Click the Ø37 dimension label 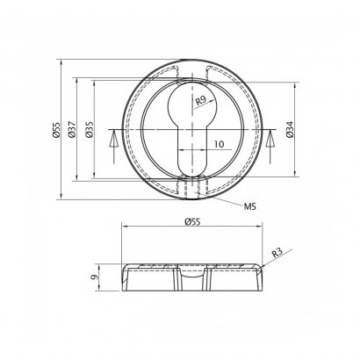(72, 129)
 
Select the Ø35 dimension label (90, 129)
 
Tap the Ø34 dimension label (290, 129)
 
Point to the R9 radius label (201, 100)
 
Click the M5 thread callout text (249, 206)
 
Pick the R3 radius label (277, 253)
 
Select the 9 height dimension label (94, 277)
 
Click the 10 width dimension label (219, 144)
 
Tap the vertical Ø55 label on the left (56, 130)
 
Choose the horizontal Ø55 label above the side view (192, 222)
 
